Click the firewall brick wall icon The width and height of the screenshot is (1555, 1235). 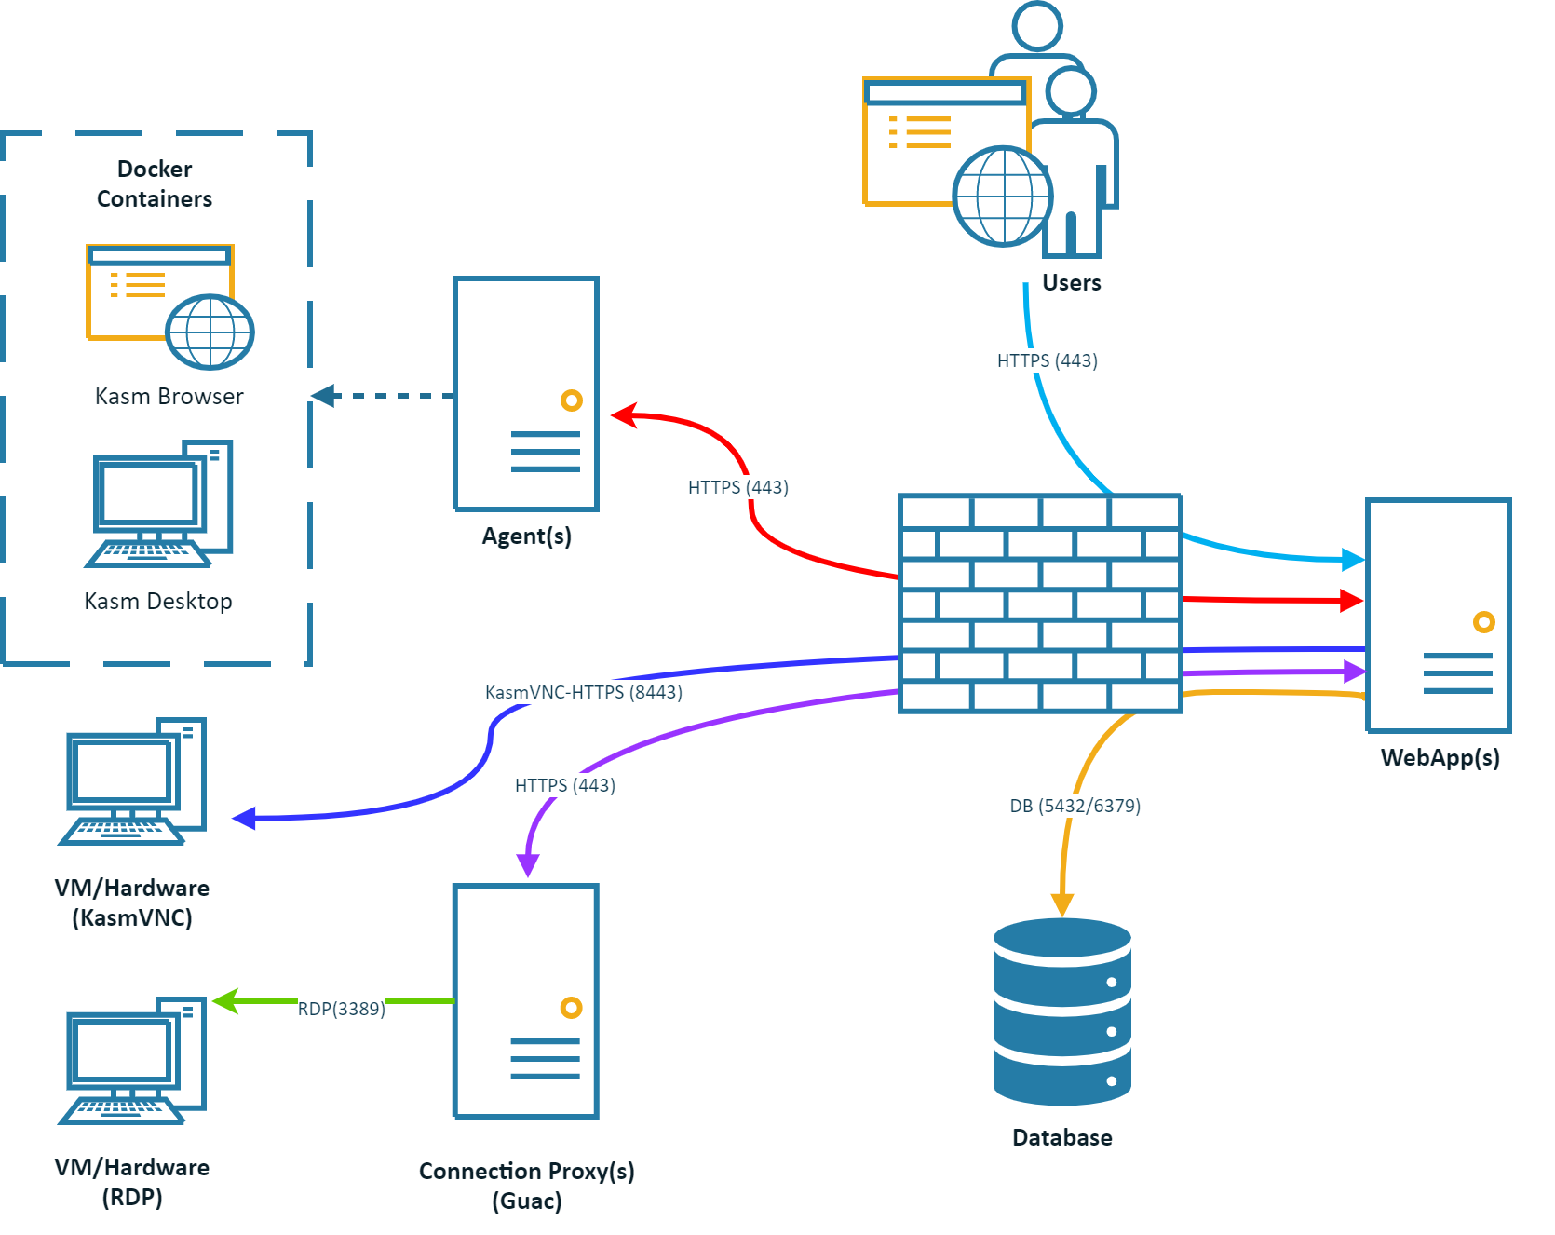click(1040, 604)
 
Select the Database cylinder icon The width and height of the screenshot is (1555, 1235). click(1061, 1011)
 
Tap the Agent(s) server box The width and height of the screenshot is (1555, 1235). click(526, 393)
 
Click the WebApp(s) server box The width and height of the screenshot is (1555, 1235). click(1438, 615)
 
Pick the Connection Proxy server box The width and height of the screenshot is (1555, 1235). click(526, 1000)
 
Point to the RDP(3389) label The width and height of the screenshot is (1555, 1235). click(341, 1009)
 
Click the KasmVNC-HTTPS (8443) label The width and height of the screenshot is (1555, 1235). click(583, 692)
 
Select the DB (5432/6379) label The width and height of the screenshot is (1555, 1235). click(1075, 806)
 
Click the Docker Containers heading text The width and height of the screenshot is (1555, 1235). click(155, 183)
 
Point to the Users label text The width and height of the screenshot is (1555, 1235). click(1071, 283)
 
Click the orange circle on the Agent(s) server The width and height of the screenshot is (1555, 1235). click(571, 400)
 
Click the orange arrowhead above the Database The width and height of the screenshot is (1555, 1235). click(1061, 904)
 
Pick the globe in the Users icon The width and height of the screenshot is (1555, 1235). click(1002, 196)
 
